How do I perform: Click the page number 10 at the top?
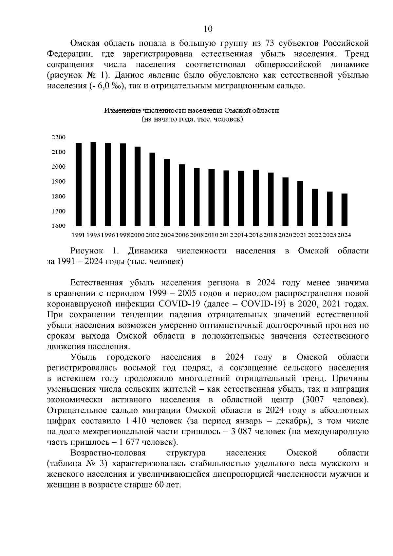pos(208,29)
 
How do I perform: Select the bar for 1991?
pos(79,184)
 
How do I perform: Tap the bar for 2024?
pos(345,210)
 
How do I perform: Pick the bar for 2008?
pos(197,197)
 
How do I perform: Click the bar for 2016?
pos(256,198)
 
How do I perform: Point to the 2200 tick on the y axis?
pos(59,137)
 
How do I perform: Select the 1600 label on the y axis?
pos(59,226)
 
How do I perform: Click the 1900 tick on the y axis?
pos(59,182)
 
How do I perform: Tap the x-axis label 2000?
pos(138,235)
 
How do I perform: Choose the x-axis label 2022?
pos(315,235)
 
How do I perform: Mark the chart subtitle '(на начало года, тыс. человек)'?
pos(192,120)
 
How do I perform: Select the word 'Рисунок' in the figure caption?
pos(87,251)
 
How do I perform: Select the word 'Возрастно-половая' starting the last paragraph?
pos(108,453)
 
